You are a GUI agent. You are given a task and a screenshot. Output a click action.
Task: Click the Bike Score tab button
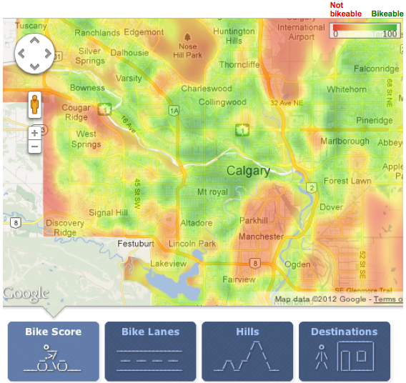[53, 350]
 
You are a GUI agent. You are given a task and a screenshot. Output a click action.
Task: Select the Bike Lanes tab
[150, 350]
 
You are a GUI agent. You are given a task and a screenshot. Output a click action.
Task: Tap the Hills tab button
[247, 350]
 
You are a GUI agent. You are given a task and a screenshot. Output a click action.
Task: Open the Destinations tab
[345, 350]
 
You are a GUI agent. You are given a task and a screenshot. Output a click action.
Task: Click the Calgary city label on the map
[248, 171]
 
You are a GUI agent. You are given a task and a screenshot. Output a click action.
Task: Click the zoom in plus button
[34, 133]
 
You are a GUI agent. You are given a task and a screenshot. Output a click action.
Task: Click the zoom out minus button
[34, 147]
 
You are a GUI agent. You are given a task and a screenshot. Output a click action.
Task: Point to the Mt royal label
[212, 192]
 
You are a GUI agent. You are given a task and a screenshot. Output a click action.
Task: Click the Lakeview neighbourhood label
[168, 264]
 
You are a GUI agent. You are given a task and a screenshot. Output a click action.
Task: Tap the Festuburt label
[135, 244]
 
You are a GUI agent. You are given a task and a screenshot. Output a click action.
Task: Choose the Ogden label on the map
[297, 264]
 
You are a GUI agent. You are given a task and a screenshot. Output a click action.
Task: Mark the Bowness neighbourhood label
[87, 88]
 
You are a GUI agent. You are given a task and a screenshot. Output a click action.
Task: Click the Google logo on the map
[26, 294]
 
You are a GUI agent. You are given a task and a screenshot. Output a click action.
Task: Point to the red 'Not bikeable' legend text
[346, 9]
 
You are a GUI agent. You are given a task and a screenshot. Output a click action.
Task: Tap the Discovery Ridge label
[65, 228]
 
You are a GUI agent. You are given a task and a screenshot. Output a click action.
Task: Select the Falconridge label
[376, 69]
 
